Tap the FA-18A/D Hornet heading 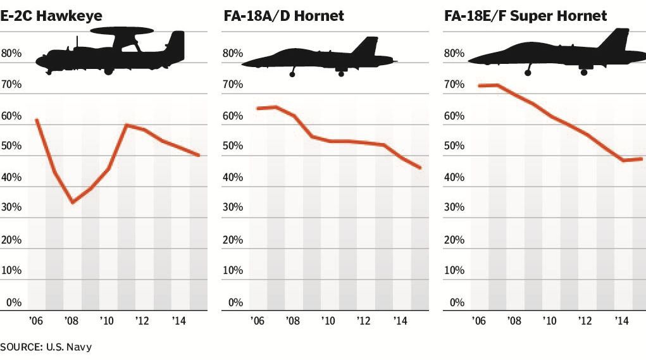283,16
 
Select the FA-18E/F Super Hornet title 526,16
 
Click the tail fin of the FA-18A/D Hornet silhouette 366,47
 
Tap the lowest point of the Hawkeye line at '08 73,202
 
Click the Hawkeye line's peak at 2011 127,125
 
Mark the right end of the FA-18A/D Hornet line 420,168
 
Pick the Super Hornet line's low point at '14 624,161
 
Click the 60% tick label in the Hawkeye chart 11,116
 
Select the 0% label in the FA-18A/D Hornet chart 235,302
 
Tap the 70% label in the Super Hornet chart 454,85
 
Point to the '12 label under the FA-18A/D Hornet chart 364,321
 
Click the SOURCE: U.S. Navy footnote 41,347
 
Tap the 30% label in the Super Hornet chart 454,208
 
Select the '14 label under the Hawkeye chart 180,321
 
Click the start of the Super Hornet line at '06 480,85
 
